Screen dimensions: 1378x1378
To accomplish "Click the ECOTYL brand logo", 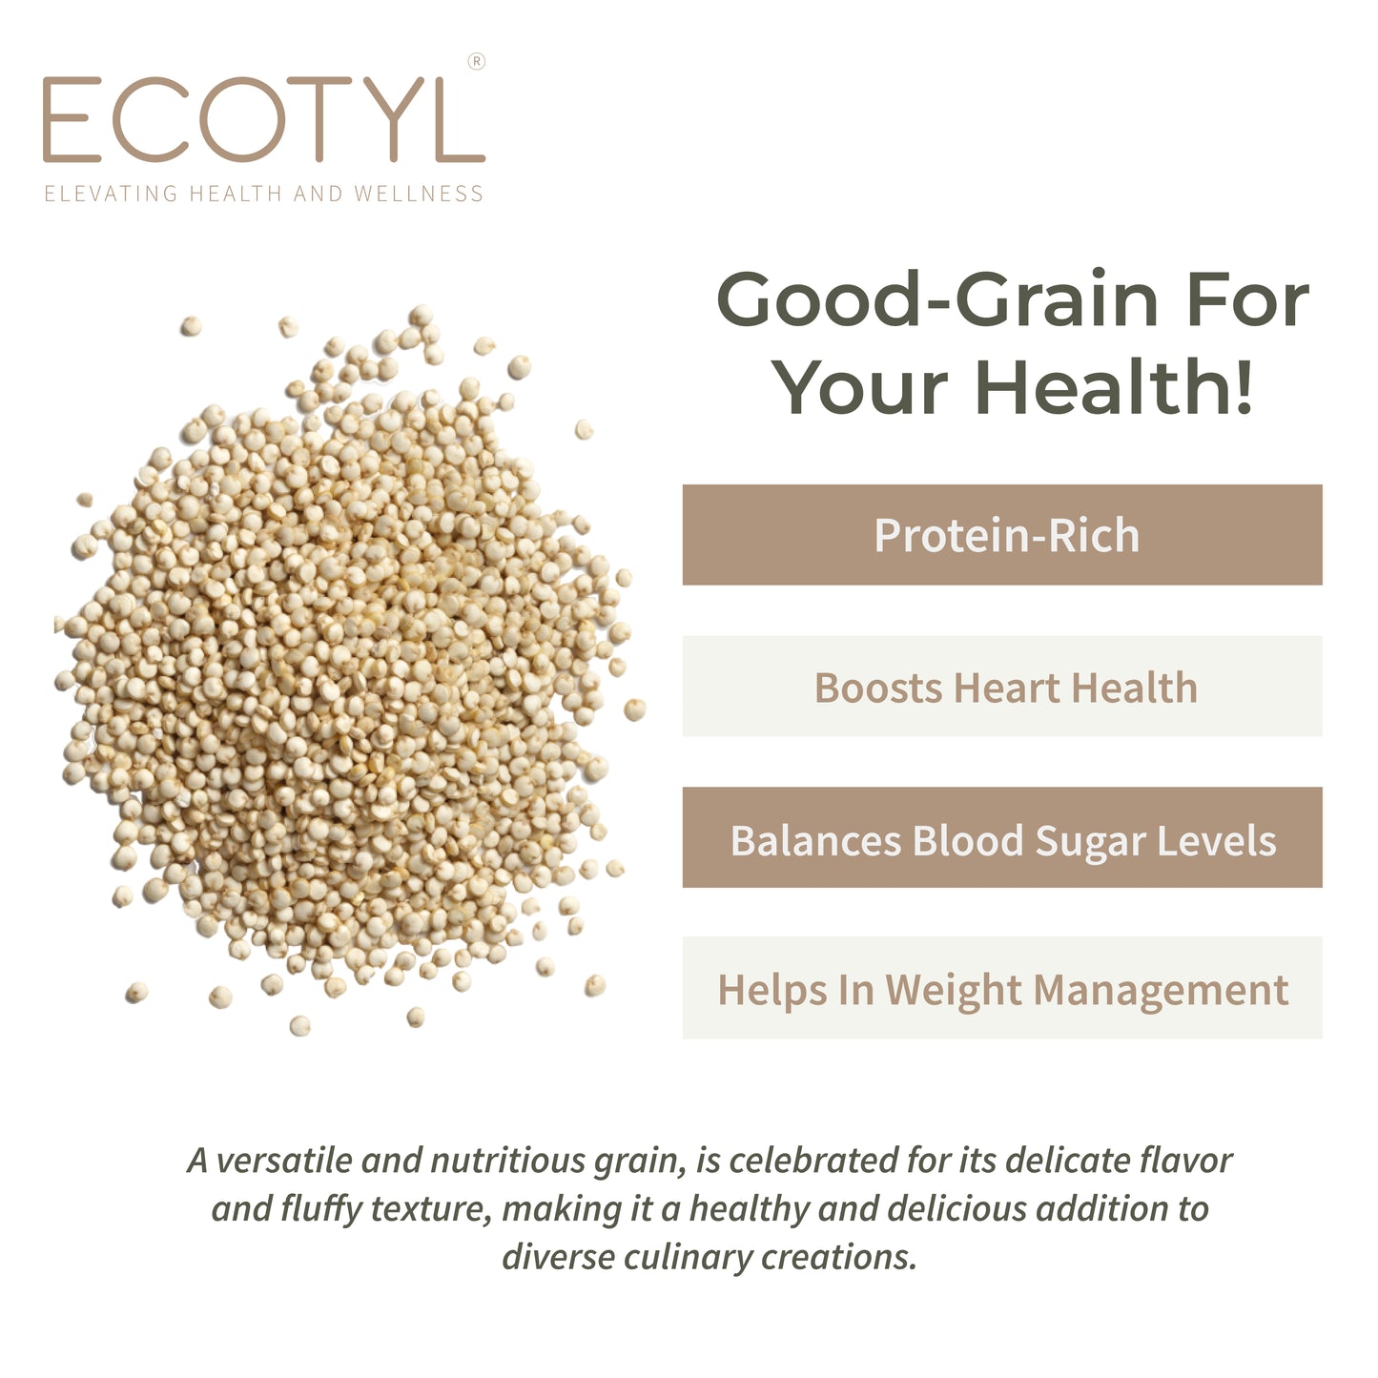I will point(263,121).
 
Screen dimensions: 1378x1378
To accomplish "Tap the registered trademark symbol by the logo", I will point(477,62).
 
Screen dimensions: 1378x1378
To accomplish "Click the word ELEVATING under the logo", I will point(112,194).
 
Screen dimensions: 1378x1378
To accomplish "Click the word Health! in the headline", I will point(1114,388).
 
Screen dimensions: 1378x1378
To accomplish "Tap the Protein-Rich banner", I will point(1002,535).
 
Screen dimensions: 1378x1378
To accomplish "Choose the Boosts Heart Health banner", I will point(1002,687).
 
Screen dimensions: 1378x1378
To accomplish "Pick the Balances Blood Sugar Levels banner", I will point(1002,838).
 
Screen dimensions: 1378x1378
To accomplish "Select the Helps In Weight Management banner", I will point(1002,989).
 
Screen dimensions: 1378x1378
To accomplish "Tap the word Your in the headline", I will point(859,388).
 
